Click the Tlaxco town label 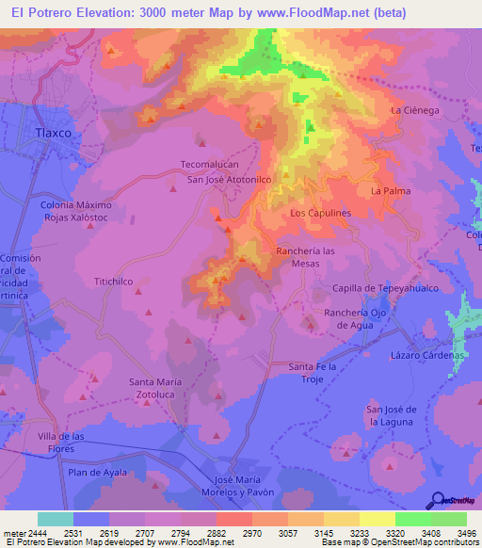click(x=53, y=133)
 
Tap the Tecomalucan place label click(x=213, y=164)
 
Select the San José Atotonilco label click(x=230, y=178)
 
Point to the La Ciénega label click(x=415, y=110)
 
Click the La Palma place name click(x=391, y=191)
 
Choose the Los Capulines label click(x=320, y=213)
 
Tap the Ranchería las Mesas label click(x=305, y=257)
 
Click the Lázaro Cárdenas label click(x=427, y=355)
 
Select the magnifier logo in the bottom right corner click(x=438, y=499)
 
